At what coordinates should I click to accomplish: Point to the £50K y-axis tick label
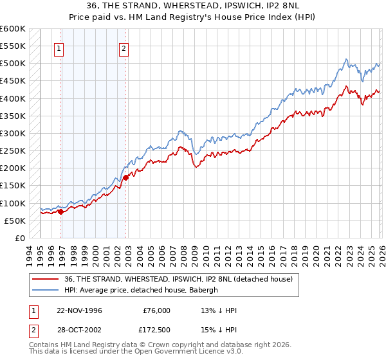point(14,221)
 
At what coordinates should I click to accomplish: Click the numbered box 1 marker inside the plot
point(59,47)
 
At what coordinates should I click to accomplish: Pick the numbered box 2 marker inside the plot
point(123,47)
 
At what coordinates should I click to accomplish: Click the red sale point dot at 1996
point(61,211)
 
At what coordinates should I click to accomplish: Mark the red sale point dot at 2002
point(125,178)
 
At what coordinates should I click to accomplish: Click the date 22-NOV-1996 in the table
point(80,310)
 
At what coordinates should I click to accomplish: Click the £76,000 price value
point(156,310)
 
